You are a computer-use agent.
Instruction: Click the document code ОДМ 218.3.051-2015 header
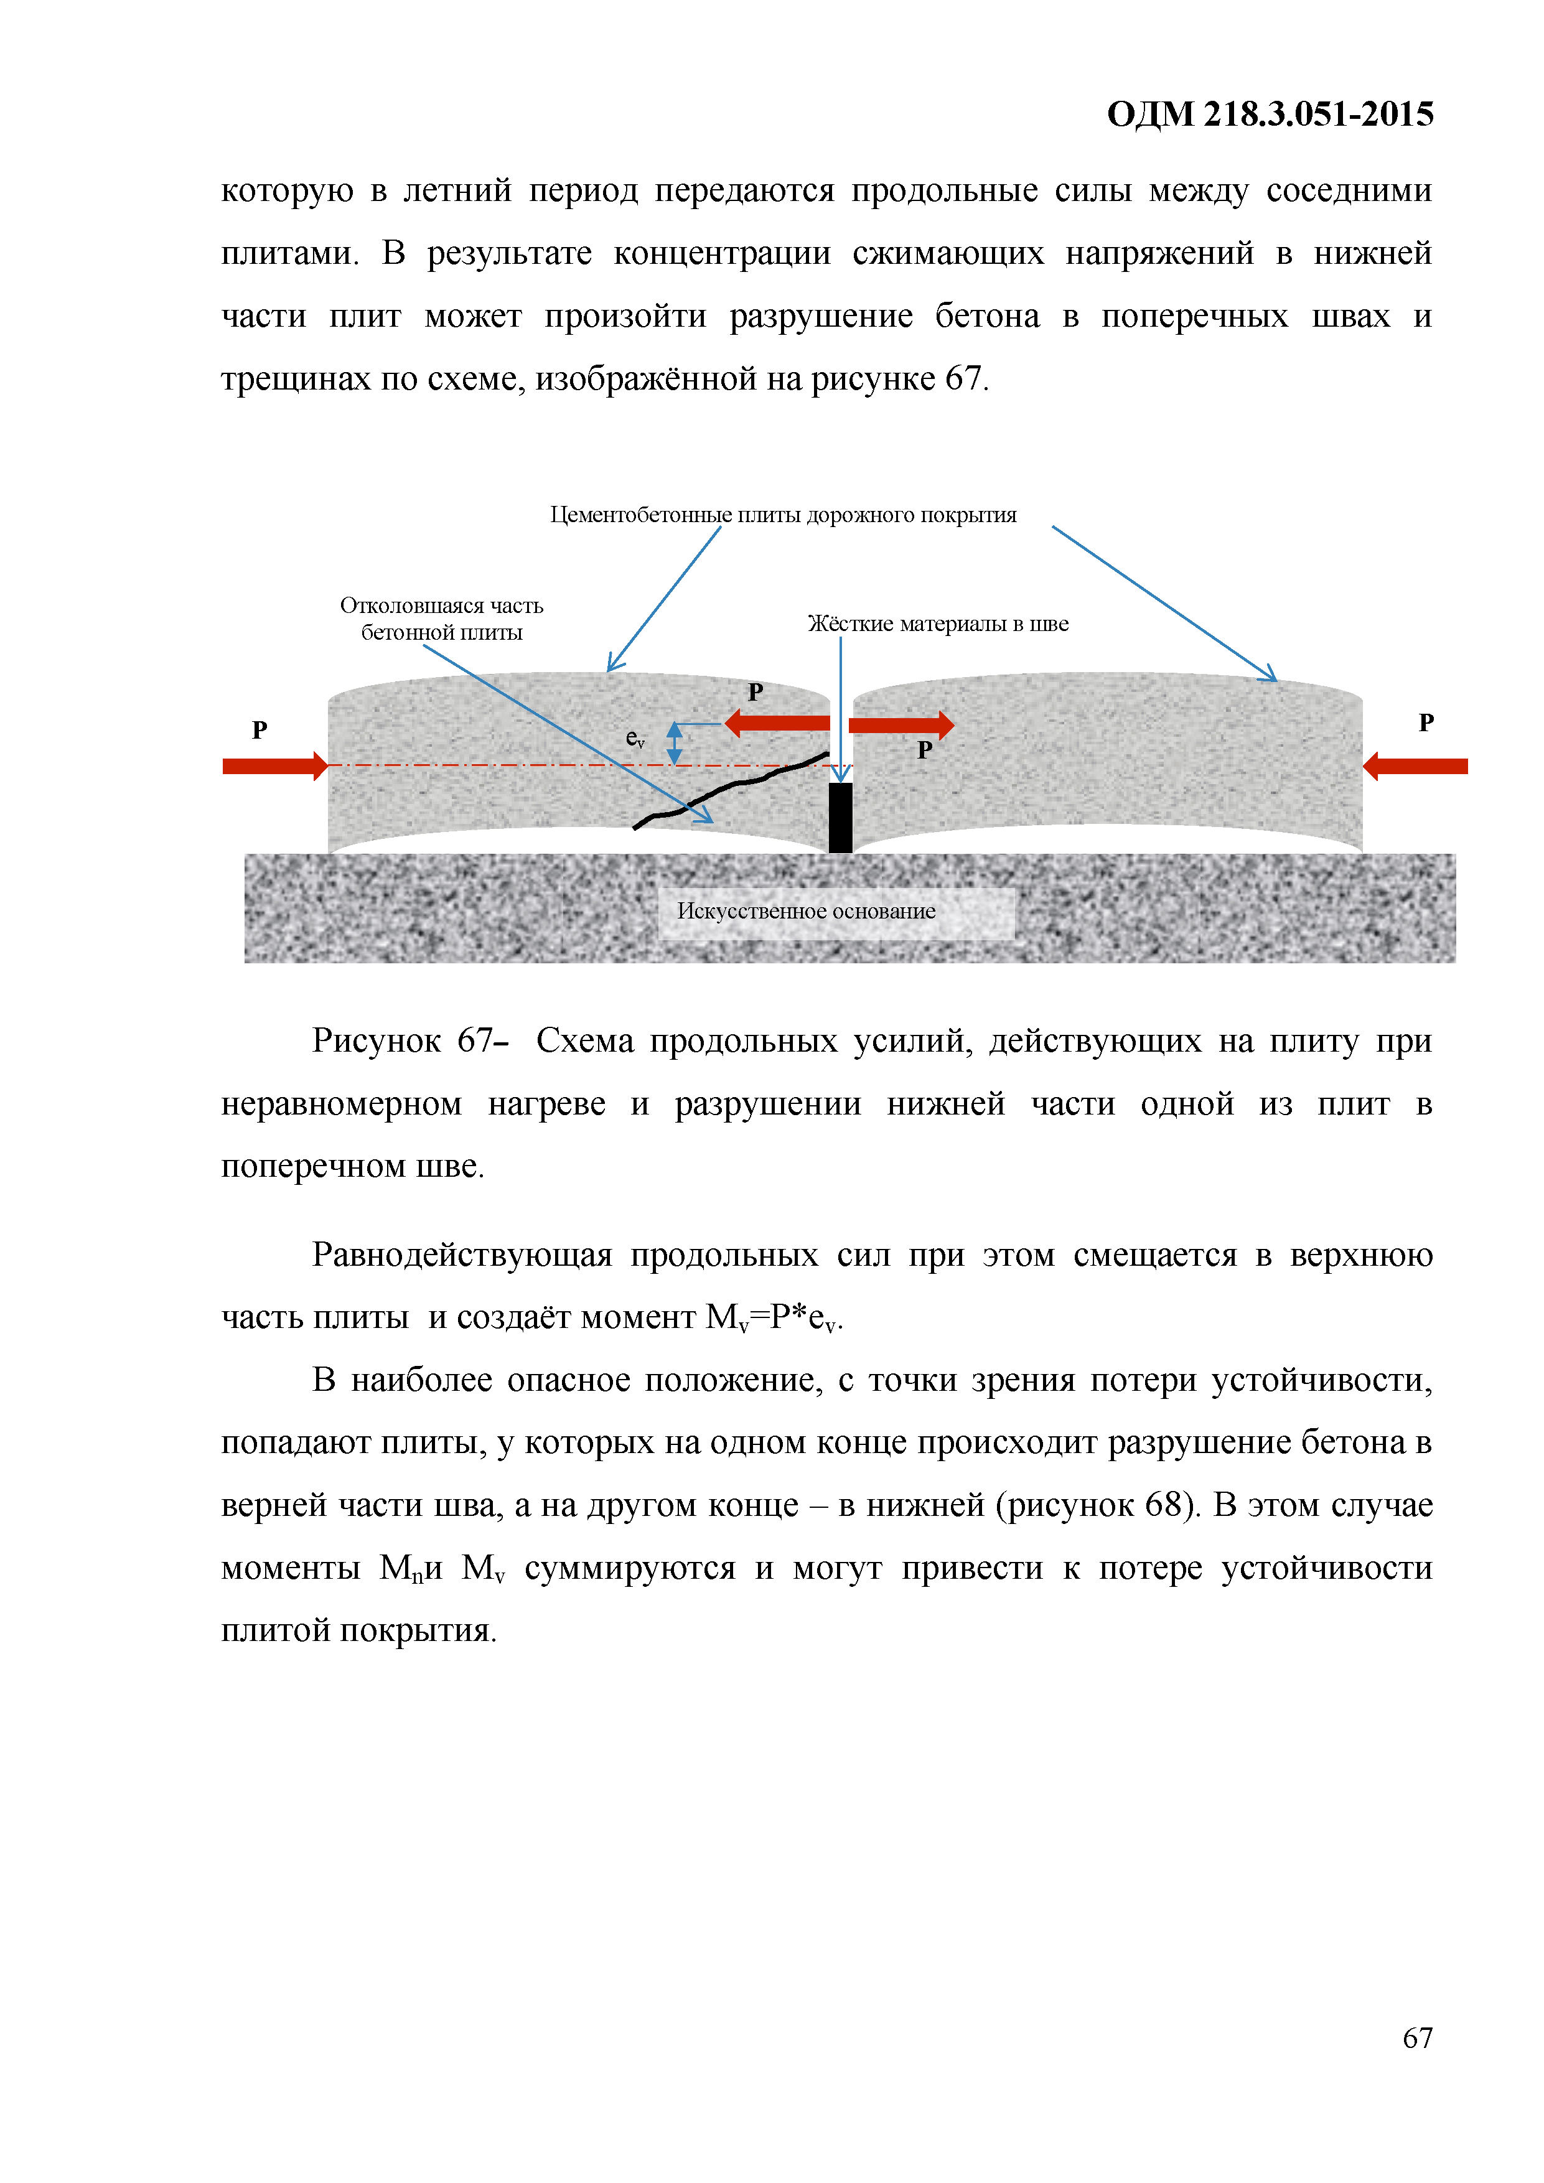tap(1270, 114)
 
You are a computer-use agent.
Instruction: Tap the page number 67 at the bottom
tap(1416, 2037)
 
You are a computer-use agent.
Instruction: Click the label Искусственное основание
tap(805, 911)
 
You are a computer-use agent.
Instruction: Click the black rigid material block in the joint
tap(840, 816)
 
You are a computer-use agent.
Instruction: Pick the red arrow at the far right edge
tap(1415, 765)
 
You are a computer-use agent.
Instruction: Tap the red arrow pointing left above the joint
tap(778, 722)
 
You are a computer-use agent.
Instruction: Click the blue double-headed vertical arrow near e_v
tap(674, 742)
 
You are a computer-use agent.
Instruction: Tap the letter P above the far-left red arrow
tap(260, 729)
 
